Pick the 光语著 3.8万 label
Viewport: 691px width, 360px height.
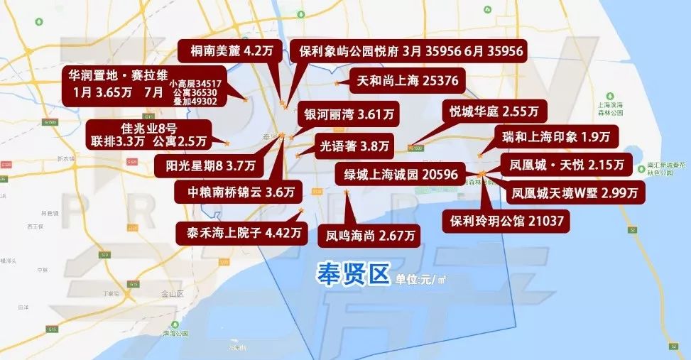pyautogui.click(x=354, y=147)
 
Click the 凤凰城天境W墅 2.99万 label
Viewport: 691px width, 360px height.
pyautogui.click(x=574, y=192)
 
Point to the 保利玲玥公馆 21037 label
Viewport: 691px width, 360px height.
pyautogui.click(x=506, y=221)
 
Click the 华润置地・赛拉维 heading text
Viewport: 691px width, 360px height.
pyautogui.click(x=115, y=74)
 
